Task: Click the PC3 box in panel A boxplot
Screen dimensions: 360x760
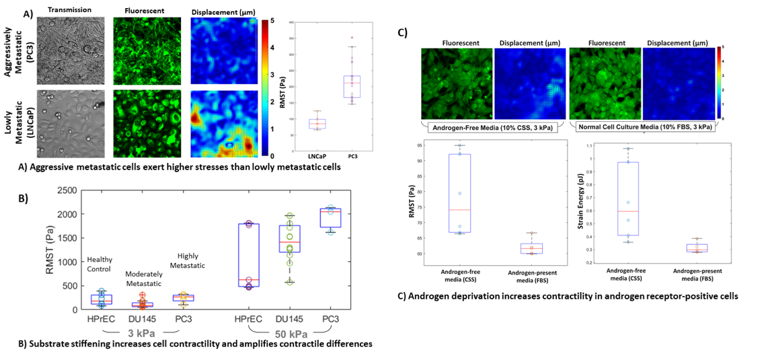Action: (x=352, y=87)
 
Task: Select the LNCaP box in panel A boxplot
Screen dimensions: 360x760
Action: (x=317, y=123)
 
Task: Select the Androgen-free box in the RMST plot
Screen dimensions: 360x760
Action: (x=459, y=193)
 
